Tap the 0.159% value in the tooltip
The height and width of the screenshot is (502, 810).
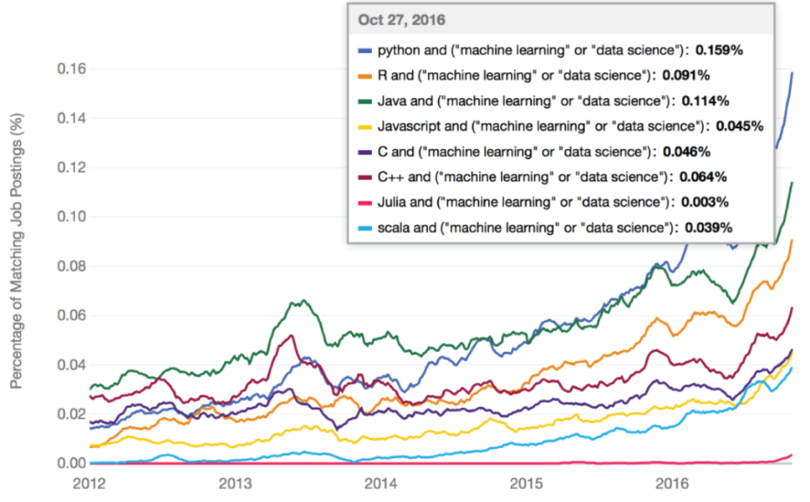pyautogui.click(x=718, y=50)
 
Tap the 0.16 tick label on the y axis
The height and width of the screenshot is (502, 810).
pyautogui.click(x=71, y=69)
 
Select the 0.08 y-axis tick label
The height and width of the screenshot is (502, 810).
pyautogui.click(x=71, y=266)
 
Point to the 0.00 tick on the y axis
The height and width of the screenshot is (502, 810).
pyautogui.click(x=71, y=463)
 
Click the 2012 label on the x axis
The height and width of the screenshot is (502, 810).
pyautogui.click(x=89, y=483)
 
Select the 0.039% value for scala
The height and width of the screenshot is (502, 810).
pyautogui.click(x=709, y=227)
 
